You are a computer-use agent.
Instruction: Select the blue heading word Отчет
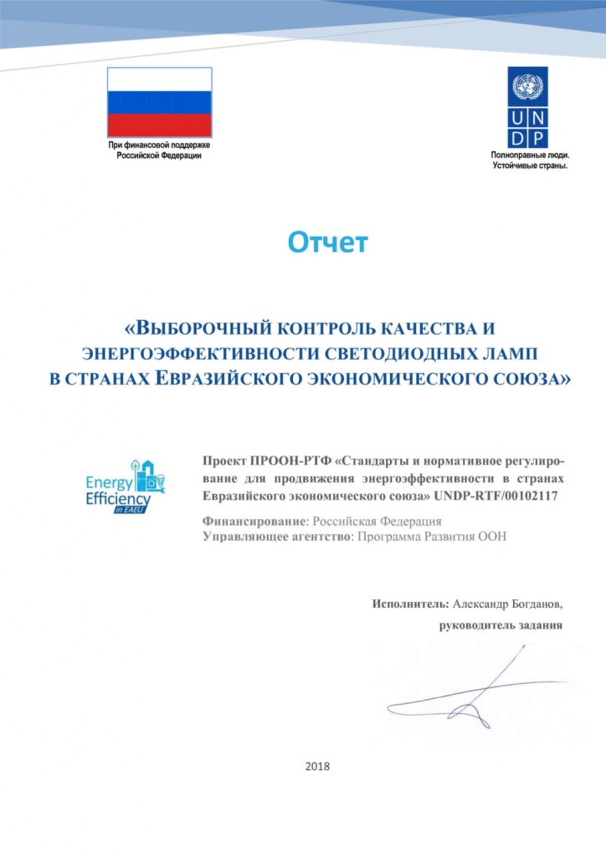coord(327,242)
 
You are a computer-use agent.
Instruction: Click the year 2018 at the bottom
coord(319,766)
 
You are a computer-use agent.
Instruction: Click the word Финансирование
coord(255,520)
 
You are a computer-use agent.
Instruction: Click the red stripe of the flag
coord(158,124)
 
